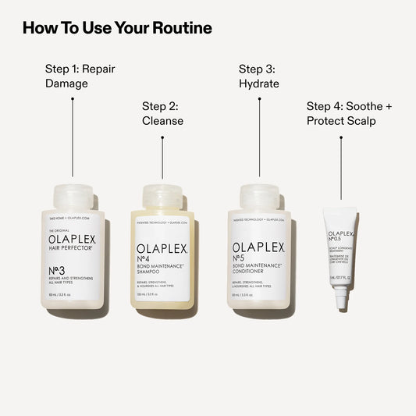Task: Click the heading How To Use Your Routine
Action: point(117,29)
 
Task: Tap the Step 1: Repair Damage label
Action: point(80,76)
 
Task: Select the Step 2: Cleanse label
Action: point(162,113)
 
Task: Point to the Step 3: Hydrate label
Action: point(259,76)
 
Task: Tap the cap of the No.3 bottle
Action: point(73,197)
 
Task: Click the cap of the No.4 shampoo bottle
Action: point(162,197)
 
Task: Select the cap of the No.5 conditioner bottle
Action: point(260,197)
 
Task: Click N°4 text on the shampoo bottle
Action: point(148,261)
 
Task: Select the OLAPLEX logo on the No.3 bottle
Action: point(73,239)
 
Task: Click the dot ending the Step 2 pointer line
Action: point(162,138)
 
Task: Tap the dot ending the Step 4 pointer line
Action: point(341,138)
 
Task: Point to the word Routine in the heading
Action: point(179,29)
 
